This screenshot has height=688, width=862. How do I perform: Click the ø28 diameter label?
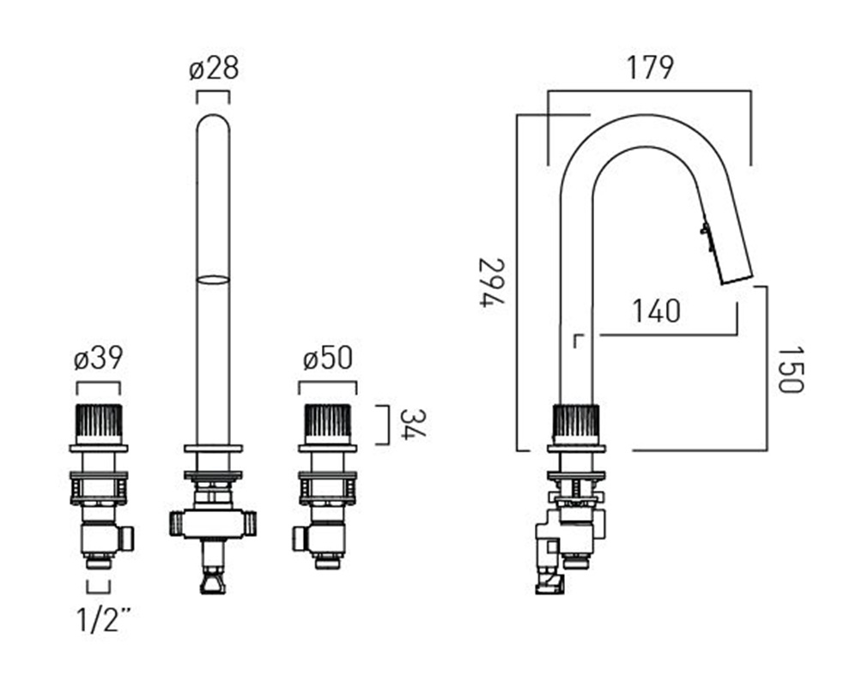[x=214, y=69]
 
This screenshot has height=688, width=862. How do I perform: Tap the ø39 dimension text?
[x=99, y=359]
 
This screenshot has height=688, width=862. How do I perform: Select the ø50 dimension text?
[x=328, y=359]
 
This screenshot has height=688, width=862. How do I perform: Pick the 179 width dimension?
[x=650, y=68]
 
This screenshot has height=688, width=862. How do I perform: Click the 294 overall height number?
[x=491, y=282]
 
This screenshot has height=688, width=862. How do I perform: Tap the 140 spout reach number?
[x=657, y=311]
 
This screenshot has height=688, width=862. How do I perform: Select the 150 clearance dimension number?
[x=791, y=370]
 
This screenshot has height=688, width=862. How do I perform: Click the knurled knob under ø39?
[x=99, y=424]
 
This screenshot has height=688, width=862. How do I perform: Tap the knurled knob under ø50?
[x=328, y=424]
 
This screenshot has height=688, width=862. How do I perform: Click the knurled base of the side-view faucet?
[x=576, y=424]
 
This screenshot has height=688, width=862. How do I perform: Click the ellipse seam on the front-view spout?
[x=213, y=280]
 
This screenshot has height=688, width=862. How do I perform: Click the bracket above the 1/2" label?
[x=99, y=587]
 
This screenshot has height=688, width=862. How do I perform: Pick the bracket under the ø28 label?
[x=213, y=98]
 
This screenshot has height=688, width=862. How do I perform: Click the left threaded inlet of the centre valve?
[x=175, y=524]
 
